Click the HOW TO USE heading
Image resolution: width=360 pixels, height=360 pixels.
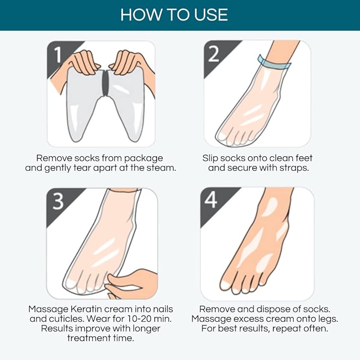pyautogui.click(x=174, y=14)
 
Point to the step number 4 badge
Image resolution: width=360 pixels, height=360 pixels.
pyautogui.click(x=211, y=199)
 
